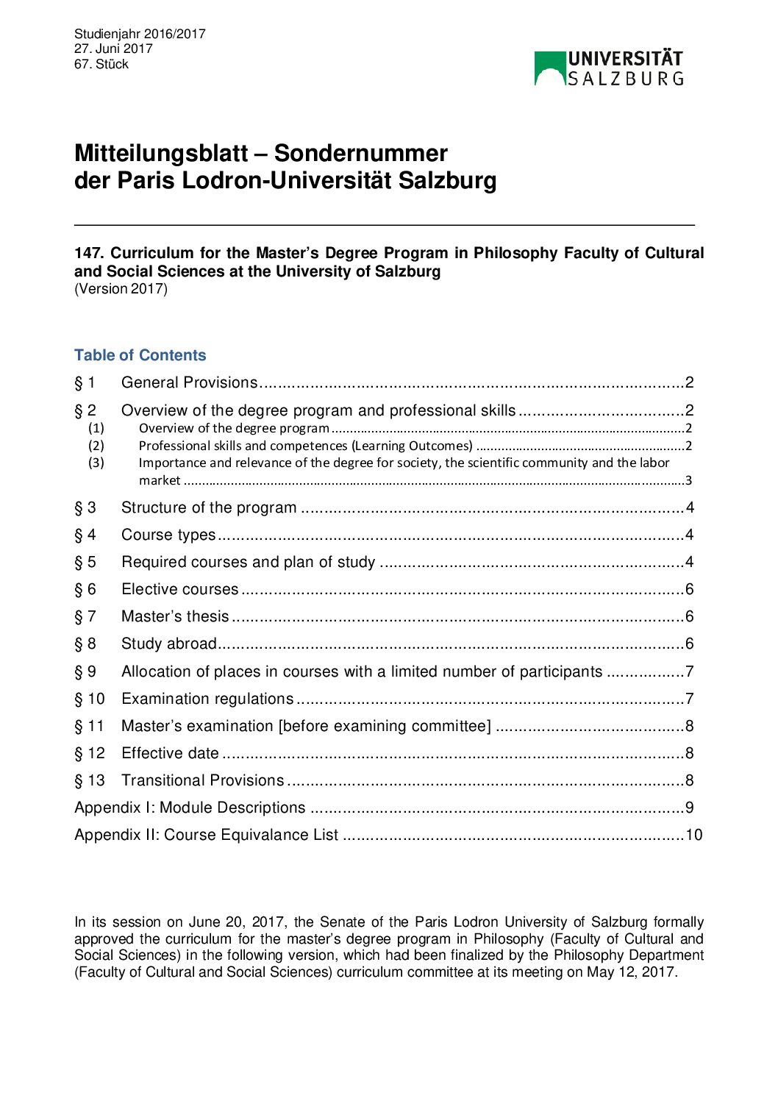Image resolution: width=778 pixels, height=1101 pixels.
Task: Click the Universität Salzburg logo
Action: pos(609,68)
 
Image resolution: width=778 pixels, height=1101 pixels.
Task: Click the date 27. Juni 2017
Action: pos(113,49)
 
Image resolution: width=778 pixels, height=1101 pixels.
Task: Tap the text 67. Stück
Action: pos(101,64)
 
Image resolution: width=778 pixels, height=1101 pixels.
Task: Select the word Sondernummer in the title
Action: pos(360,153)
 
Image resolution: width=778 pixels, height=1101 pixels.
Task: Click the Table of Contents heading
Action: pos(140,355)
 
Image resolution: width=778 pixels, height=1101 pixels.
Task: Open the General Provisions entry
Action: pos(189,382)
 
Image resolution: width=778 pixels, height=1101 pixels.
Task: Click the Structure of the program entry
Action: pos(209,507)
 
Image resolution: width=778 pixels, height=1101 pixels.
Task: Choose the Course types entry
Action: pos(168,535)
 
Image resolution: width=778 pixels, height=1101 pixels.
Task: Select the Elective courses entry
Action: pos(180,589)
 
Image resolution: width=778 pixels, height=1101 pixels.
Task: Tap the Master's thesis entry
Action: pos(175,616)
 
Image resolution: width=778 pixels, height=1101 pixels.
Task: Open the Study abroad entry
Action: pos(169,644)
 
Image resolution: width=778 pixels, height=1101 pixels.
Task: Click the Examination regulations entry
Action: pos(207,699)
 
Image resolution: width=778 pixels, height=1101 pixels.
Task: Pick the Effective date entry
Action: pos(170,753)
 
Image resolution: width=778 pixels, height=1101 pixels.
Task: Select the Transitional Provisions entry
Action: pos(202,780)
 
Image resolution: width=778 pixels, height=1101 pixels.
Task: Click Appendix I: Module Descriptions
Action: pos(190,808)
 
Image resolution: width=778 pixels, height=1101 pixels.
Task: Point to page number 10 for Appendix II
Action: pos(694,835)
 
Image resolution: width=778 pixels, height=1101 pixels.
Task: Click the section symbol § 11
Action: pos(90,726)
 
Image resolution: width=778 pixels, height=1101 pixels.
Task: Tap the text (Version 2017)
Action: pos(121,289)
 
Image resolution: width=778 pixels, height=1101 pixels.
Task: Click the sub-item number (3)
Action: pos(96,463)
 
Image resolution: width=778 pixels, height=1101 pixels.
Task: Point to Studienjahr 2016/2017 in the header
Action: pos(140,34)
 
